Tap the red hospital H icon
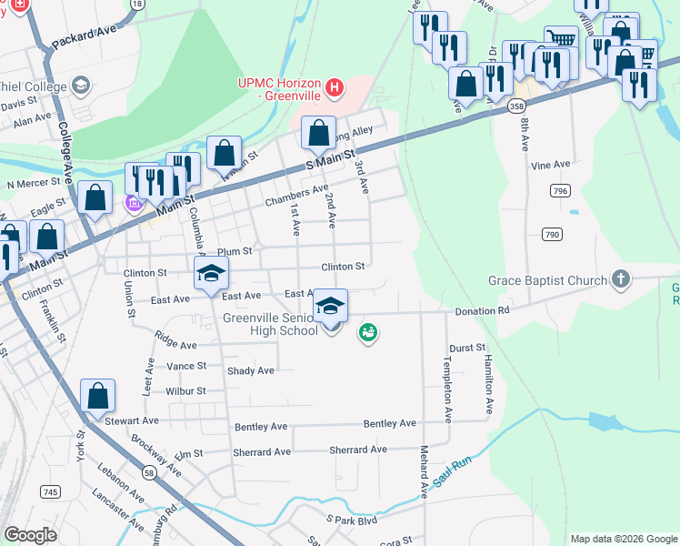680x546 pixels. pyautogui.click(x=335, y=88)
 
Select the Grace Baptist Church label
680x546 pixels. pyautogui.click(x=547, y=280)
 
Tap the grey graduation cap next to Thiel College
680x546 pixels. pyautogui.click(x=81, y=86)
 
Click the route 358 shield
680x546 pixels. pyautogui.click(x=516, y=106)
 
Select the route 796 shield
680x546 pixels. pyautogui.click(x=559, y=190)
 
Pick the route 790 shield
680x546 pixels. pyautogui.click(x=552, y=235)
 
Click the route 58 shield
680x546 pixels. pyautogui.click(x=148, y=472)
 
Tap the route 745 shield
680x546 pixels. pyautogui.click(x=50, y=491)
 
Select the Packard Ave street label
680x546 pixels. pyautogui.click(x=85, y=43)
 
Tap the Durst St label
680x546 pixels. pyautogui.click(x=468, y=348)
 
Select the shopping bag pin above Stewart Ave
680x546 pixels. pyautogui.click(x=98, y=396)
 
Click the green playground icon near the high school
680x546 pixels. pyautogui.click(x=368, y=334)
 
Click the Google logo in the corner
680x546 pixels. pyautogui.click(x=30, y=535)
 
